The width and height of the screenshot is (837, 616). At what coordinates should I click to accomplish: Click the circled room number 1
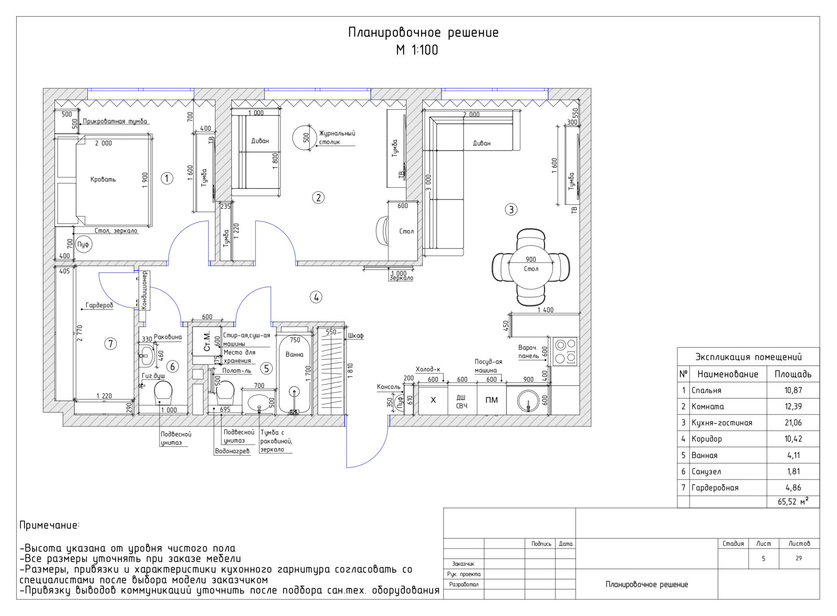tap(167, 178)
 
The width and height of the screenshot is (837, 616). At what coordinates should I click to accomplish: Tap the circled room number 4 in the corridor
tap(316, 298)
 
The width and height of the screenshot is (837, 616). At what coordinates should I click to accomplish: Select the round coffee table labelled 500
tap(306, 138)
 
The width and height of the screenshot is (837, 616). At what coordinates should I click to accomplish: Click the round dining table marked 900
tap(530, 268)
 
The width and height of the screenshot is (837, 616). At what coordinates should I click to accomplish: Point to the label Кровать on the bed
tap(103, 179)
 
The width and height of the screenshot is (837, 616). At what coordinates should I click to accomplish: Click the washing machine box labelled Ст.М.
tap(207, 341)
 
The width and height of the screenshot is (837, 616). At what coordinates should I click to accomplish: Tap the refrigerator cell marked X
tap(433, 400)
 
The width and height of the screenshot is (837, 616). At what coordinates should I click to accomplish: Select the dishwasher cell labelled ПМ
tap(492, 400)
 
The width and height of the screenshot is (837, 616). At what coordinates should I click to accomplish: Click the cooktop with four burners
tap(565, 351)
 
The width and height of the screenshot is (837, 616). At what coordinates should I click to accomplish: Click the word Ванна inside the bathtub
tap(295, 354)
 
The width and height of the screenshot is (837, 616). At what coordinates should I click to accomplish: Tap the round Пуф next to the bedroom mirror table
tap(83, 245)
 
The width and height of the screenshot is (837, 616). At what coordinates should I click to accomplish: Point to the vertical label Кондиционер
tap(145, 290)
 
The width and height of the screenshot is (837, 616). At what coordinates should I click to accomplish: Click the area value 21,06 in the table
tap(793, 423)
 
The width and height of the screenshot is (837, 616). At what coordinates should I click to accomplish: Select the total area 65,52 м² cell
tap(793, 501)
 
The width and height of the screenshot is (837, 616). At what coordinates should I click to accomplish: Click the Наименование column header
tap(728, 374)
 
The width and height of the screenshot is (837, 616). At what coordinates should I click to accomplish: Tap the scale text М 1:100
tap(417, 50)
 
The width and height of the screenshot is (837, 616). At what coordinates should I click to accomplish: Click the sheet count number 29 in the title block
tap(798, 558)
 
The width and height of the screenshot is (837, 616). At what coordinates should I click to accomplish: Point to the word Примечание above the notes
tap(49, 526)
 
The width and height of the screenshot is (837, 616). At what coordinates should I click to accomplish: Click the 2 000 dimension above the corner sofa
tap(471, 115)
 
